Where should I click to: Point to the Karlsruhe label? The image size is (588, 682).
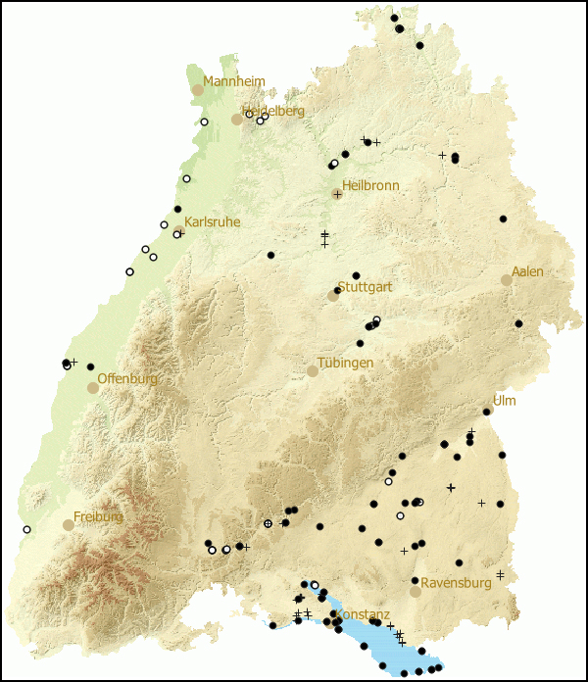coord(212,222)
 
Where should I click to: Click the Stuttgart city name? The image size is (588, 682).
coord(365,288)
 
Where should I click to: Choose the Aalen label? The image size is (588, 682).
coord(527,271)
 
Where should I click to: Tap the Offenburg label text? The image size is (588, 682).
coord(127,379)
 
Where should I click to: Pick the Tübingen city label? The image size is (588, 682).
coord(345,363)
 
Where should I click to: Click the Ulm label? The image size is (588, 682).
coord(504,402)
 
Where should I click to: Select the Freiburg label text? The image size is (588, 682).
coord(98,516)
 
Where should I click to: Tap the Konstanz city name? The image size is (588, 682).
coord(366,614)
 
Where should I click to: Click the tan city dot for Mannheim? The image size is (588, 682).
coord(198,89)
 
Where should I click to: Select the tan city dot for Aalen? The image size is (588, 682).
coord(507,279)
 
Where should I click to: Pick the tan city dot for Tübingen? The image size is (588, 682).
coord(313,371)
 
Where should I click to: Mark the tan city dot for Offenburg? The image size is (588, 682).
coord(93,387)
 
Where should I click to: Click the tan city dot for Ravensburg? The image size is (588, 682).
coord(416,591)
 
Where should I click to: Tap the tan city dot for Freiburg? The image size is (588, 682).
coord(69,524)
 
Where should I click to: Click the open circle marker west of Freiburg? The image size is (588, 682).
coord(26,529)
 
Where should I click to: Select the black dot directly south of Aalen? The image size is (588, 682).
coord(518,323)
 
